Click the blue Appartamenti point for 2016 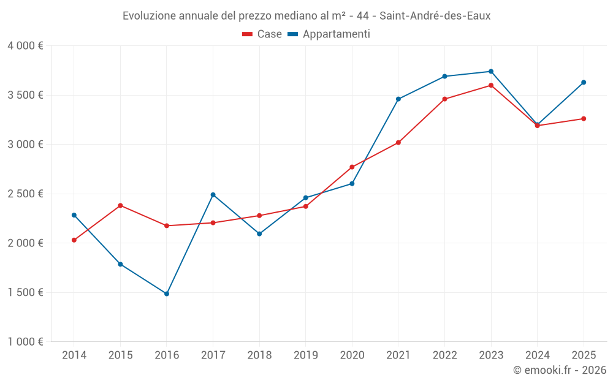tap(167, 294)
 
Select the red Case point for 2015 tap(120, 205)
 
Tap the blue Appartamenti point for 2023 tap(491, 72)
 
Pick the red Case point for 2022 tap(444, 99)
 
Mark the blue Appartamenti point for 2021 tap(398, 99)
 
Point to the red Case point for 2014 tap(74, 240)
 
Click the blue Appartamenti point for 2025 tap(584, 82)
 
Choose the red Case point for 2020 tap(352, 167)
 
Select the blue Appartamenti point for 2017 tap(213, 195)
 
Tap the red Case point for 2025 tap(584, 119)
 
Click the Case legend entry tap(262, 34)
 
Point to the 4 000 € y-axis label tap(25, 46)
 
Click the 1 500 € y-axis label tap(25, 292)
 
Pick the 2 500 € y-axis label tap(25, 194)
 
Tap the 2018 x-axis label tap(259, 355)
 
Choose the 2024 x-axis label tap(537, 355)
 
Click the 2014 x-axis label tap(74, 355)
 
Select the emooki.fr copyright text tap(560, 370)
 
